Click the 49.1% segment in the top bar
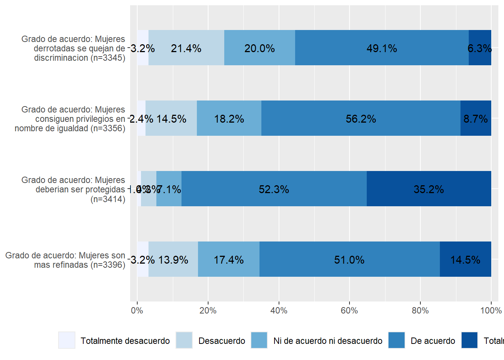(382, 48)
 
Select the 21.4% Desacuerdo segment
(186, 48)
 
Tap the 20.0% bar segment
(259, 48)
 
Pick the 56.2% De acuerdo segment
(361, 118)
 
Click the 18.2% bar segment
(229, 118)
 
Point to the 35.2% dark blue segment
(429, 189)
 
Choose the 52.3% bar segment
(274, 189)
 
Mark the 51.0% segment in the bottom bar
(349, 259)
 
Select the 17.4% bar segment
(229, 259)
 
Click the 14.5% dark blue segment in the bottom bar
(465, 259)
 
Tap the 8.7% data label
(475, 119)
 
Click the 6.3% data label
(480, 48)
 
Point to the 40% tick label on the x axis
(279, 310)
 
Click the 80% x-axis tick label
(420, 310)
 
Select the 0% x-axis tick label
(137, 310)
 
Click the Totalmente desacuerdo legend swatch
(67, 340)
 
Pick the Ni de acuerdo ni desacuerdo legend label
(328, 341)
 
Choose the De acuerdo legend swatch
(397, 340)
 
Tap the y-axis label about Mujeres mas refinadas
(65, 260)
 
